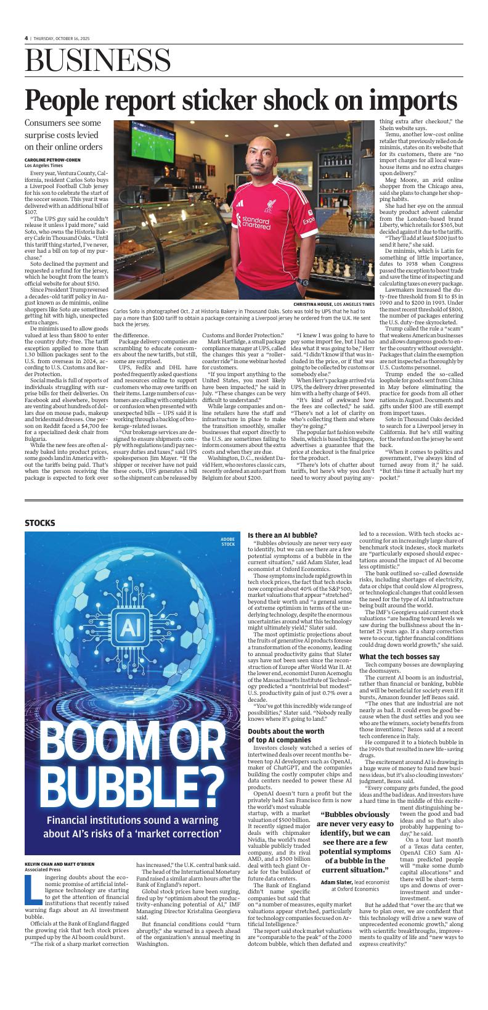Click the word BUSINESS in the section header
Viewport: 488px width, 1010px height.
[98, 63]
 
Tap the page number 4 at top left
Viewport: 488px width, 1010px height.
[26, 38]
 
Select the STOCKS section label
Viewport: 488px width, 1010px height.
[40, 523]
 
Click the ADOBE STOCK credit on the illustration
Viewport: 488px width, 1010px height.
[228, 542]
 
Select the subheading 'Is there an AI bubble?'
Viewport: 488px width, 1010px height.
[282, 535]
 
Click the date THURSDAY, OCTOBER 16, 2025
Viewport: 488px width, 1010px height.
[61, 38]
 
